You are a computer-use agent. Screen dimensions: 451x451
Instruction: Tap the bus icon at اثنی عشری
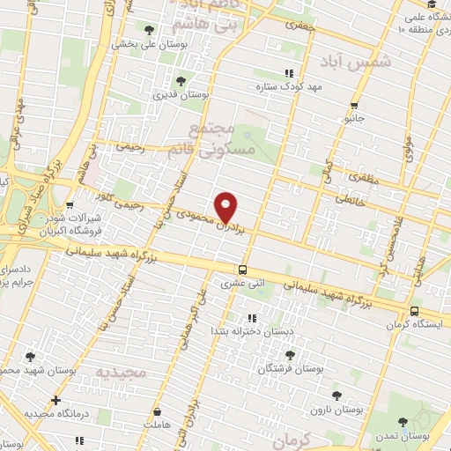point(242,270)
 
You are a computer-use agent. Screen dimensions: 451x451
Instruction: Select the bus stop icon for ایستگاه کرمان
point(414,311)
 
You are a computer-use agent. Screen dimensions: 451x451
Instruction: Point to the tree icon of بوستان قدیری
point(181,81)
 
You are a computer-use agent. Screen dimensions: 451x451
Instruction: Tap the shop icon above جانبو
point(354,105)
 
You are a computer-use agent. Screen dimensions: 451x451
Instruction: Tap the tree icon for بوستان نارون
point(335,396)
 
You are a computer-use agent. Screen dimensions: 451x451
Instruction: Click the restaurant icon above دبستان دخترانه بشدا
point(252,318)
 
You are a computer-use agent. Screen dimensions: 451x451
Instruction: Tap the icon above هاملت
point(157,412)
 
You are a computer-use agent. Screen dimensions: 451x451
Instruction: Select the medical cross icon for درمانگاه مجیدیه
point(56,400)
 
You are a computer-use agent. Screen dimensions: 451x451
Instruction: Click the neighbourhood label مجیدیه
point(121,373)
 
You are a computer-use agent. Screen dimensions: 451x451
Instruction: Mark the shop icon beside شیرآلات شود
point(70,205)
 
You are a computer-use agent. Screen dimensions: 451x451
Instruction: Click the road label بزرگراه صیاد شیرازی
point(38,189)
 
